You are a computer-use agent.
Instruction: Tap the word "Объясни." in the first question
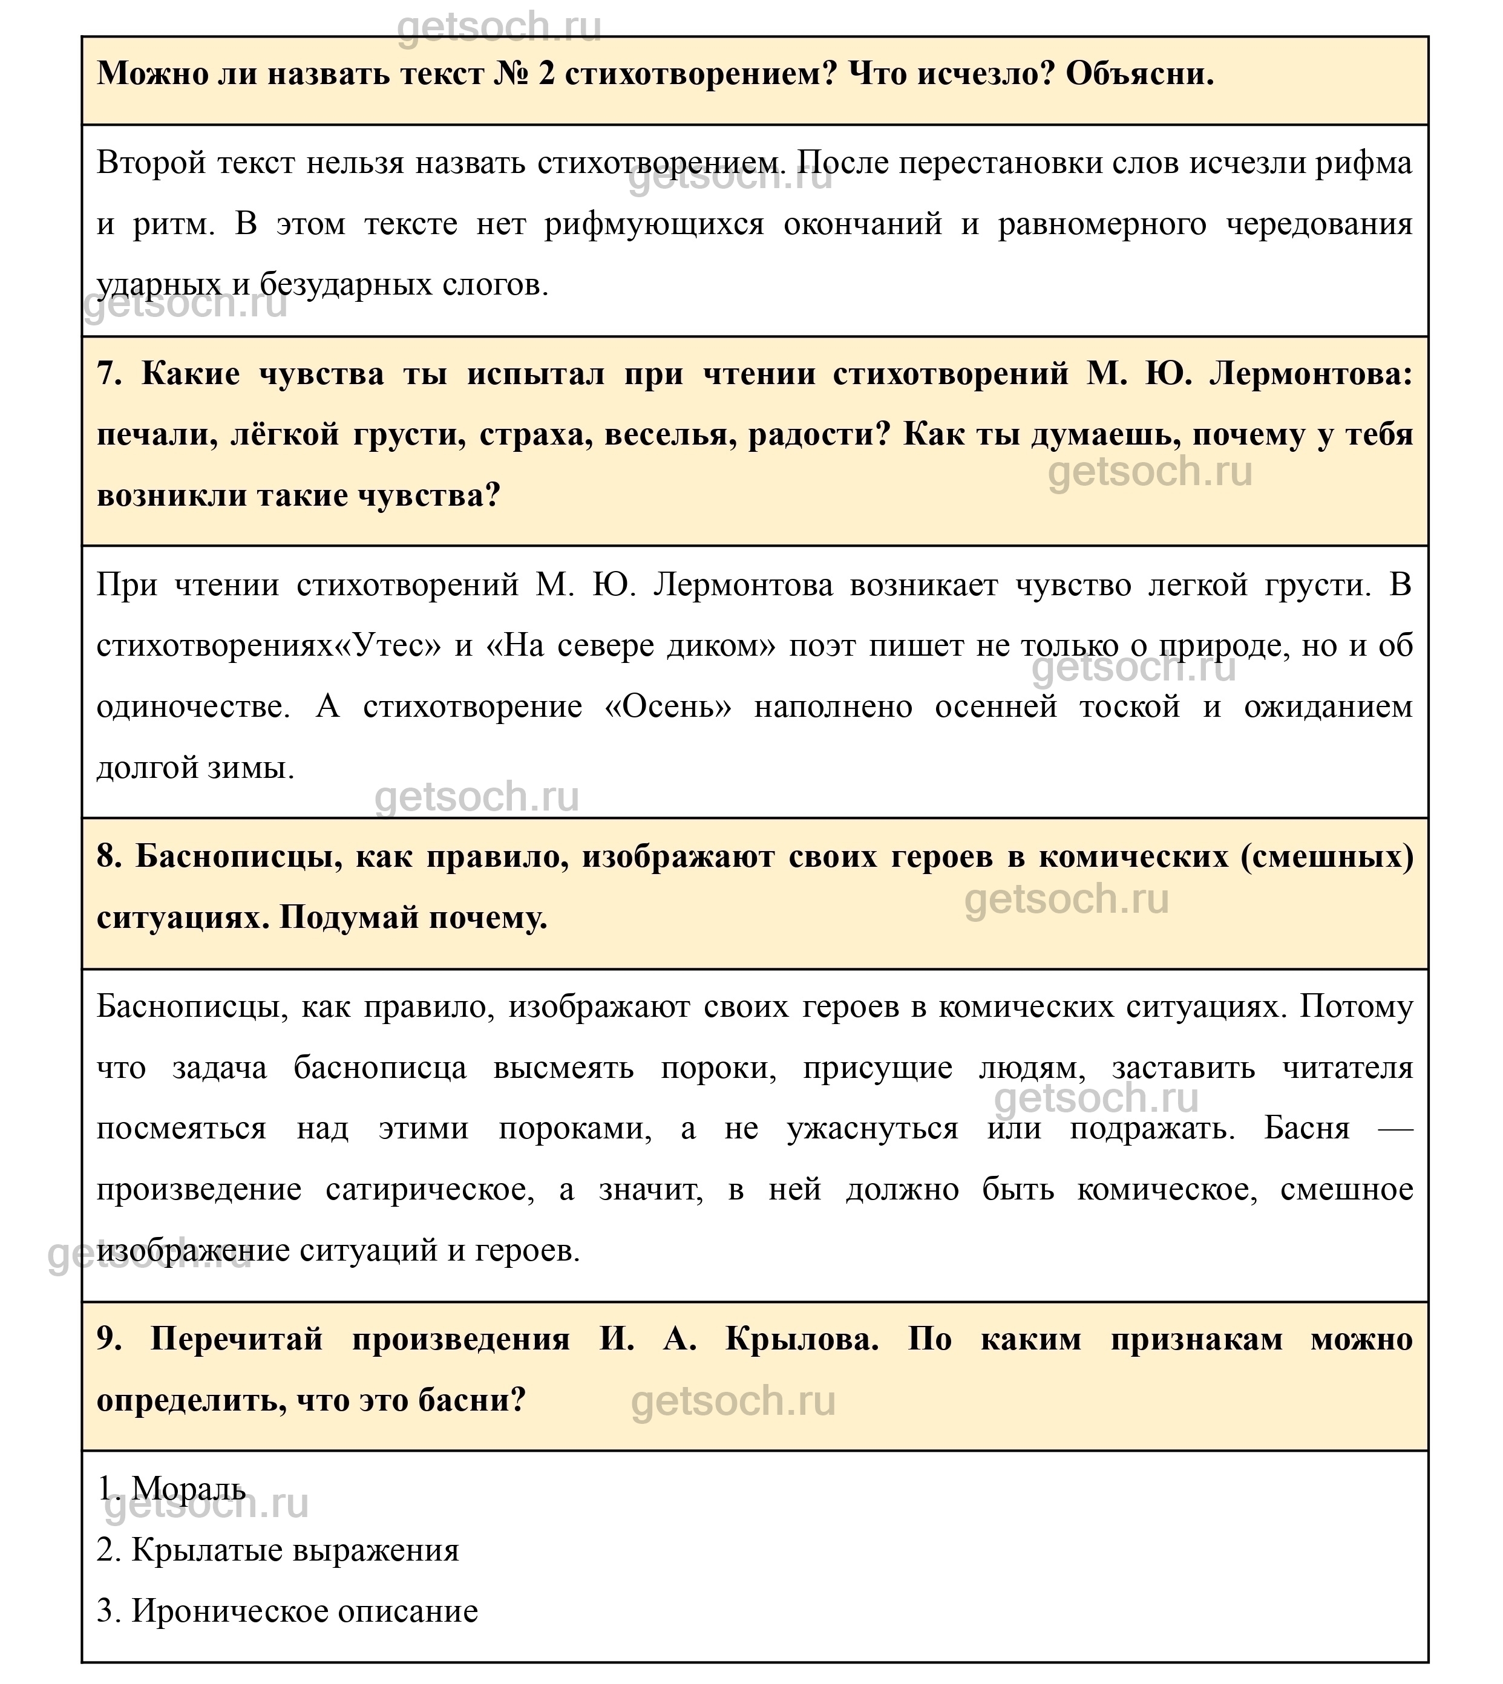(x=1139, y=75)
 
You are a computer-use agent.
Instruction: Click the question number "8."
(x=109, y=857)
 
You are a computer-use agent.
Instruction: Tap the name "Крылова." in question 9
(x=802, y=1339)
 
